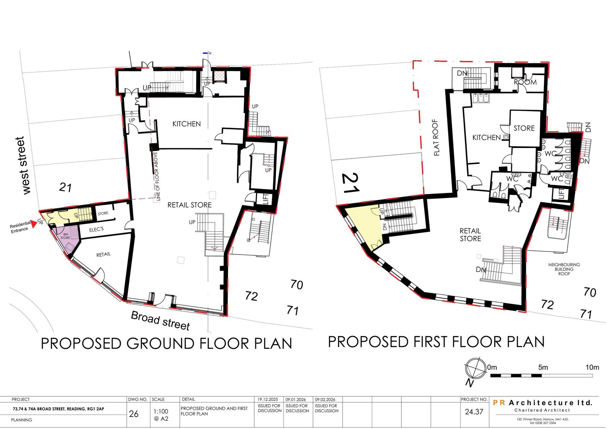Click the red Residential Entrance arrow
point(33,224)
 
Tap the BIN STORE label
point(65,236)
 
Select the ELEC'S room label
point(96,229)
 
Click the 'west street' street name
point(23,165)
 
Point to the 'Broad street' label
point(160,321)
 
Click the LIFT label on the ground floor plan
point(266,199)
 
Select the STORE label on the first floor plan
point(524,128)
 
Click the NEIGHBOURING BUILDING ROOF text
point(564,269)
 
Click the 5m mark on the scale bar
point(543,368)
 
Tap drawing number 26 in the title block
point(134,414)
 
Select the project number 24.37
point(474,412)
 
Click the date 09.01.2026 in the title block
point(296,399)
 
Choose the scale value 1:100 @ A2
point(161,415)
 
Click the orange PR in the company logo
point(499,403)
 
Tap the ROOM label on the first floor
point(525,82)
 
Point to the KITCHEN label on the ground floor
point(187,124)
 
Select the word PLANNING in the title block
point(21,420)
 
